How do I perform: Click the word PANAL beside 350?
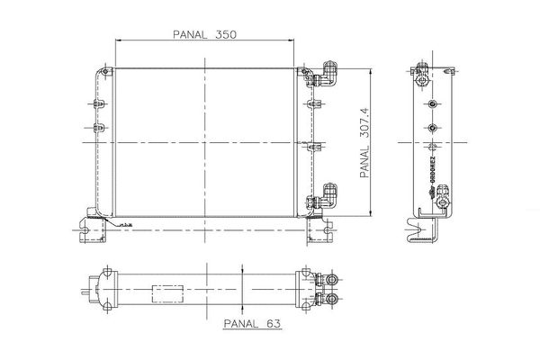tap(191, 34)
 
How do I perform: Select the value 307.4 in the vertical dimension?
tap(364, 120)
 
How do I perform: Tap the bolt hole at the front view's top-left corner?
tap(105, 72)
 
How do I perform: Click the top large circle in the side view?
tap(433, 104)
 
